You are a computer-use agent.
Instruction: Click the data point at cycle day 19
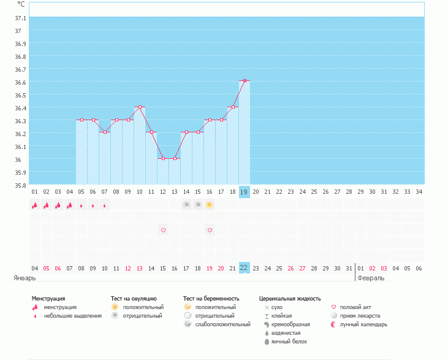click(x=245, y=80)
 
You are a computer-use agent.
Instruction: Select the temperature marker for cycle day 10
click(x=140, y=107)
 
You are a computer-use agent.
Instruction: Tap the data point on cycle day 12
click(x=163, y=158)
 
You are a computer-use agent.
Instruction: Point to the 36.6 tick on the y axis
click(x=20, y=82)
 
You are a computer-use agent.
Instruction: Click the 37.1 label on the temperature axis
click(x=20, y=18)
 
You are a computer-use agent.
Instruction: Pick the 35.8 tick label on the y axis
click(x=20, y=185)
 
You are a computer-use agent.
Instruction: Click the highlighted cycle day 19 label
click(x=244, y=192)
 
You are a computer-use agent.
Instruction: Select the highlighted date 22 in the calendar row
click(x=244, y=268)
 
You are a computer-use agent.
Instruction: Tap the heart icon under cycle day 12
click(x=163, y=231)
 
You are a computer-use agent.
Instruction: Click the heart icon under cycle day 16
click(x=210, y=231)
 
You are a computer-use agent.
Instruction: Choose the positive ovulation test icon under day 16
click(x=210, y=205)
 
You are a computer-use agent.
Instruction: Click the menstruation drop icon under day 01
click(x=34, y=205)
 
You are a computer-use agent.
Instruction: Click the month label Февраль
click(x=371, y=278)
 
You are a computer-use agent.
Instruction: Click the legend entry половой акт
click(x=355, y=307)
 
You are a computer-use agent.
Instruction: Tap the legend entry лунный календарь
click(x=363, y=324)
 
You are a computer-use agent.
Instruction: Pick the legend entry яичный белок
click(x=284, y=341)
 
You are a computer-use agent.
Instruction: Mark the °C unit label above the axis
click(x=21, y=4)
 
